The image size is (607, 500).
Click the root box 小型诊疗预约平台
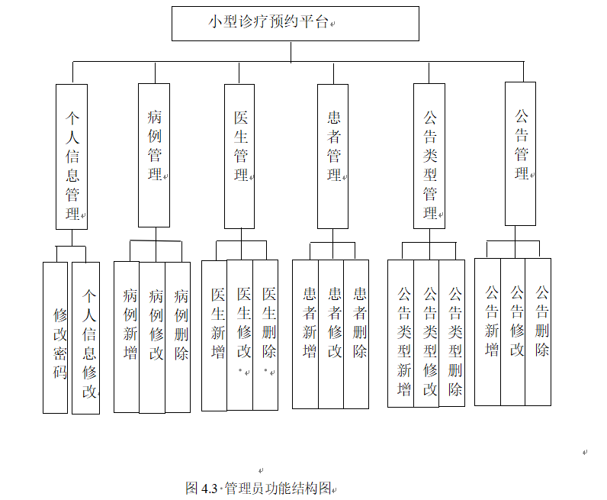click(x=295, y=23)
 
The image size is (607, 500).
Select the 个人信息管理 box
click(x=72, y=156)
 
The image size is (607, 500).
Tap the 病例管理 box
click(x=154, y=155)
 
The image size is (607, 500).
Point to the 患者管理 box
click(x=333, y=155)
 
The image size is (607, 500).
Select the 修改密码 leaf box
click(x=56, y=337)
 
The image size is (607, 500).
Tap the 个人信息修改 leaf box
click(x=86, y=337)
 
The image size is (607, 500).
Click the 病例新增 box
click(x=127, y=337)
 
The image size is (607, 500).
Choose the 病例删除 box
click(x=178, y=337)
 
